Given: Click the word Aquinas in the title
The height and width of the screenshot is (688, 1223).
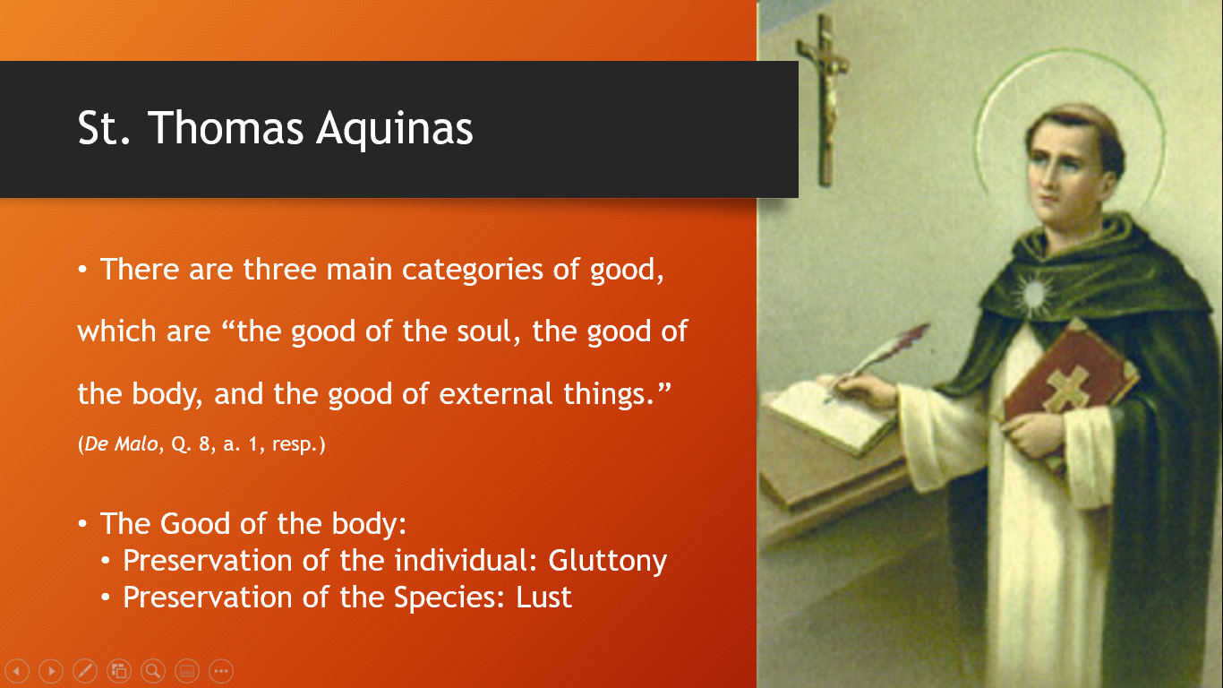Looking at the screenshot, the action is tap(395, 129).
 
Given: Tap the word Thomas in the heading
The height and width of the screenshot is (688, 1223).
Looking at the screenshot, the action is tap(226, 128).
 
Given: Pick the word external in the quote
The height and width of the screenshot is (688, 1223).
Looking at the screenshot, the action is tap(496, 393).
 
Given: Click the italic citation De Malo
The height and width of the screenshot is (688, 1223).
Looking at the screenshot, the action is tap(121, 443).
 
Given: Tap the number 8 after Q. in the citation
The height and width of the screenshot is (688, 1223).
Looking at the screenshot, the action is tap(204, 443).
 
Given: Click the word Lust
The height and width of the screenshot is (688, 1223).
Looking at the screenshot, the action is tap(543, 598).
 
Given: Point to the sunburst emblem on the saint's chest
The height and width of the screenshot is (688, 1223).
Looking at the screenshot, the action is tap(1032, 295).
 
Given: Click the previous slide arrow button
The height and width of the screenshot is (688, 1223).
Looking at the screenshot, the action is tap(18, 670).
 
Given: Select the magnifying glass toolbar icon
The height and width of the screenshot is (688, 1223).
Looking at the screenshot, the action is tap(153, 670).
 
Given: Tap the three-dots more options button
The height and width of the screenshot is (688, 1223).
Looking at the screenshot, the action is tap(221, 670).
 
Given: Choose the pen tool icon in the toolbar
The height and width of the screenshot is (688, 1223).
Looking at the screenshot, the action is tap(85, 670).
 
